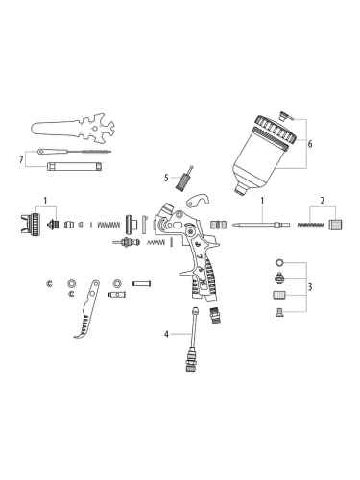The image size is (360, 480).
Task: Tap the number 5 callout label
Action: click(166, 178)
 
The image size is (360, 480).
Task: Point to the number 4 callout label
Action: click(166, 334)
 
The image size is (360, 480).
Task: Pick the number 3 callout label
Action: click(310, 287)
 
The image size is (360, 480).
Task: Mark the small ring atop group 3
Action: click(278, 261)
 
